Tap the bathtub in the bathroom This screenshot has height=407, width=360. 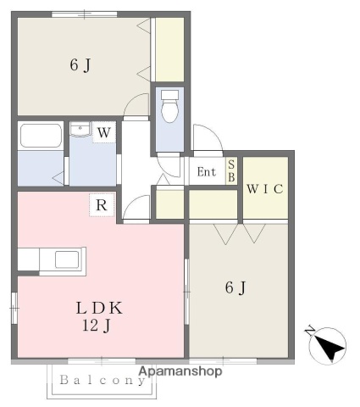tap(40, 137)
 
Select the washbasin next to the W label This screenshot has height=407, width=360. tap(81, 130)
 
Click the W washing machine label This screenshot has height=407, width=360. tap(102, 132)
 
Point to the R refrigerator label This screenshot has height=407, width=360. tap(101, 204)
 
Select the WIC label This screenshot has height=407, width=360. tap(265, 188)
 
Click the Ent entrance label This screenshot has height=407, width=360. tap(207, 172)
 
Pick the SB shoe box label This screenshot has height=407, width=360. tap(231, 171)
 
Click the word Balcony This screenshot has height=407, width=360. tap(102, 381)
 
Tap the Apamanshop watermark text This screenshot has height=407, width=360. tap(180, 371)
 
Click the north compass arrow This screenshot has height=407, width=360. tap(327, 345)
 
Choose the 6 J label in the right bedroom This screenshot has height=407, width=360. tap(235, 287)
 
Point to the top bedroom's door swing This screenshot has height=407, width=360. tap(136, 106)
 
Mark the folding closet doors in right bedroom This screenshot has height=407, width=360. tap(240, 233)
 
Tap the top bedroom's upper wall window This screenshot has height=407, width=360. tap(84, 14)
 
